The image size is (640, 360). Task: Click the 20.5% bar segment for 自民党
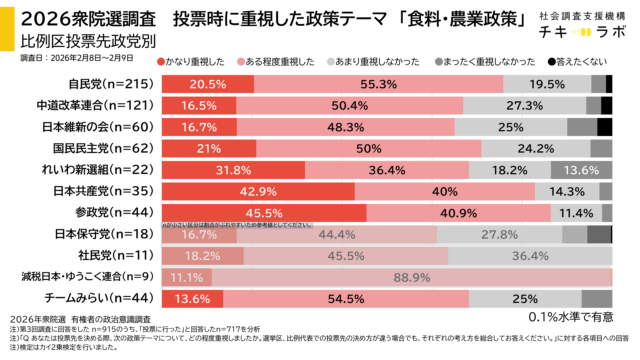(x=205, y=84)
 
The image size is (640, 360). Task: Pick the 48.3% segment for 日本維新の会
(x=344, y=126)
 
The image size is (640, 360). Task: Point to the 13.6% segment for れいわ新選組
(x=581, y=170)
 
